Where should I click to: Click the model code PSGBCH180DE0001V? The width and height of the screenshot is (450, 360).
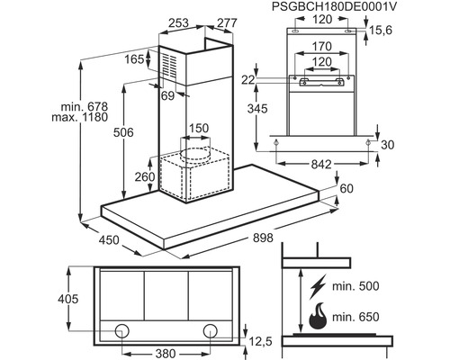(x=334, y=6)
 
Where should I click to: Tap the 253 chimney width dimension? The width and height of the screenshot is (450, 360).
(x=178, y=23)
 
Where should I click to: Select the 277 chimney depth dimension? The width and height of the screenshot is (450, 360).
(x=227, y=23)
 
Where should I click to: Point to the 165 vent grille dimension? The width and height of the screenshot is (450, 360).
(x=134, y=59)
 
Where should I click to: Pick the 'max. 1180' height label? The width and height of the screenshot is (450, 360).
(x=80, y=117)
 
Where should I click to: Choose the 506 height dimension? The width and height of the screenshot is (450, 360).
(x=123, y=132)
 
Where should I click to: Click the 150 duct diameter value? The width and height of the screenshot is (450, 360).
(x=199, y=128)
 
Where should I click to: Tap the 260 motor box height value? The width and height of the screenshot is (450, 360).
(x=145, y=176)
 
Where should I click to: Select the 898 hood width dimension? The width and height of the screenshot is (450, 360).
(x=263, y=238)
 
